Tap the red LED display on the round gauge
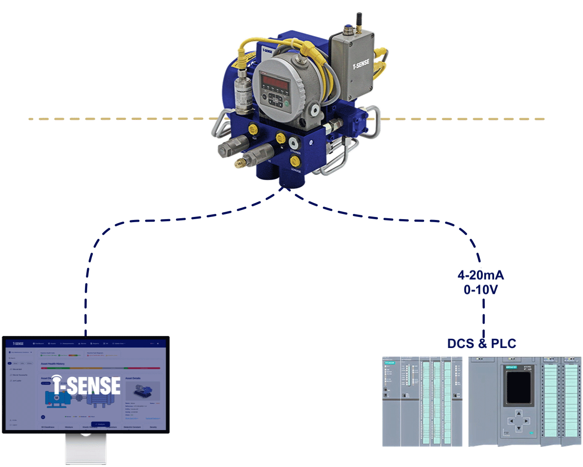[x=276, y=82]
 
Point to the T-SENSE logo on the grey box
[x=361, y=65]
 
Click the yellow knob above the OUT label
[x=253, y=128]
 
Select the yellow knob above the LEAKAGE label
[x=295, y=162]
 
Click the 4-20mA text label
[x=480, y=275]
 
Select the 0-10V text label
[x=480, y=290]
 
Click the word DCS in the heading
[x=460, y=344]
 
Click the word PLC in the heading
[x=503, y=344]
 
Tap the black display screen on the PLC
[x=518, y=387]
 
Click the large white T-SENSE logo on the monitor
[x=88, y=385]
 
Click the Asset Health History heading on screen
[x=53, y=364]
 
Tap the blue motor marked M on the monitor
[x=56, y=398]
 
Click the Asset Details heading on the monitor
[x=133, y=378]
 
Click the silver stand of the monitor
[x=86, y=449]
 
